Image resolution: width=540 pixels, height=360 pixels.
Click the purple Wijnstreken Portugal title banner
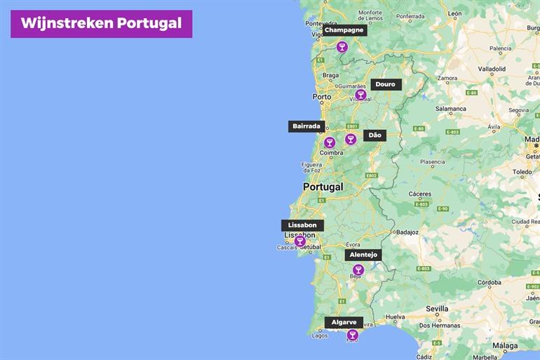(101, 23)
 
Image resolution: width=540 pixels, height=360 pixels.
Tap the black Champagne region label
(344, 30)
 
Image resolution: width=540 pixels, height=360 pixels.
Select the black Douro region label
(385, 84)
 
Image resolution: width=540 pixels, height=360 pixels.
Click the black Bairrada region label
(306, 126)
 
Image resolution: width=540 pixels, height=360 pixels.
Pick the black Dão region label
(374, 135)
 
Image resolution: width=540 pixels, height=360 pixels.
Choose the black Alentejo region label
(363, 255)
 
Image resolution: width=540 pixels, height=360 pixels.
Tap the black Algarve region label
(344, 322)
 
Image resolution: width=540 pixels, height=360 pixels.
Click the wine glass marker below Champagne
(342, 47)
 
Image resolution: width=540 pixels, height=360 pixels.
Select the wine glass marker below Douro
(360, 95)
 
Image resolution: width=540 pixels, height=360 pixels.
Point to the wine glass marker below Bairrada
(330, 142)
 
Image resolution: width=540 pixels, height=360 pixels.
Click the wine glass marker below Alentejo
(358, 270)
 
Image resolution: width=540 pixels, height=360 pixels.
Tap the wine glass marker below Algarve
(352, 335)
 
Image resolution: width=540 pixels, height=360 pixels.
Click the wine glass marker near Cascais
(299, 241)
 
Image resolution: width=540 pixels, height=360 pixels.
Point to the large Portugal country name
(323, 187)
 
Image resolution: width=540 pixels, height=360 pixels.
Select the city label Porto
(322, 97)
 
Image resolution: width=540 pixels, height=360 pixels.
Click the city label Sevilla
(436, 309)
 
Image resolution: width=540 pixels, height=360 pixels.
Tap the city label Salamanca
(450, 109)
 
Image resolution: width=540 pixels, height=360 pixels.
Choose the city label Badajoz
(407, 232)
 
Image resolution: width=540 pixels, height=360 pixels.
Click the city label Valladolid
(492, 69)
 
